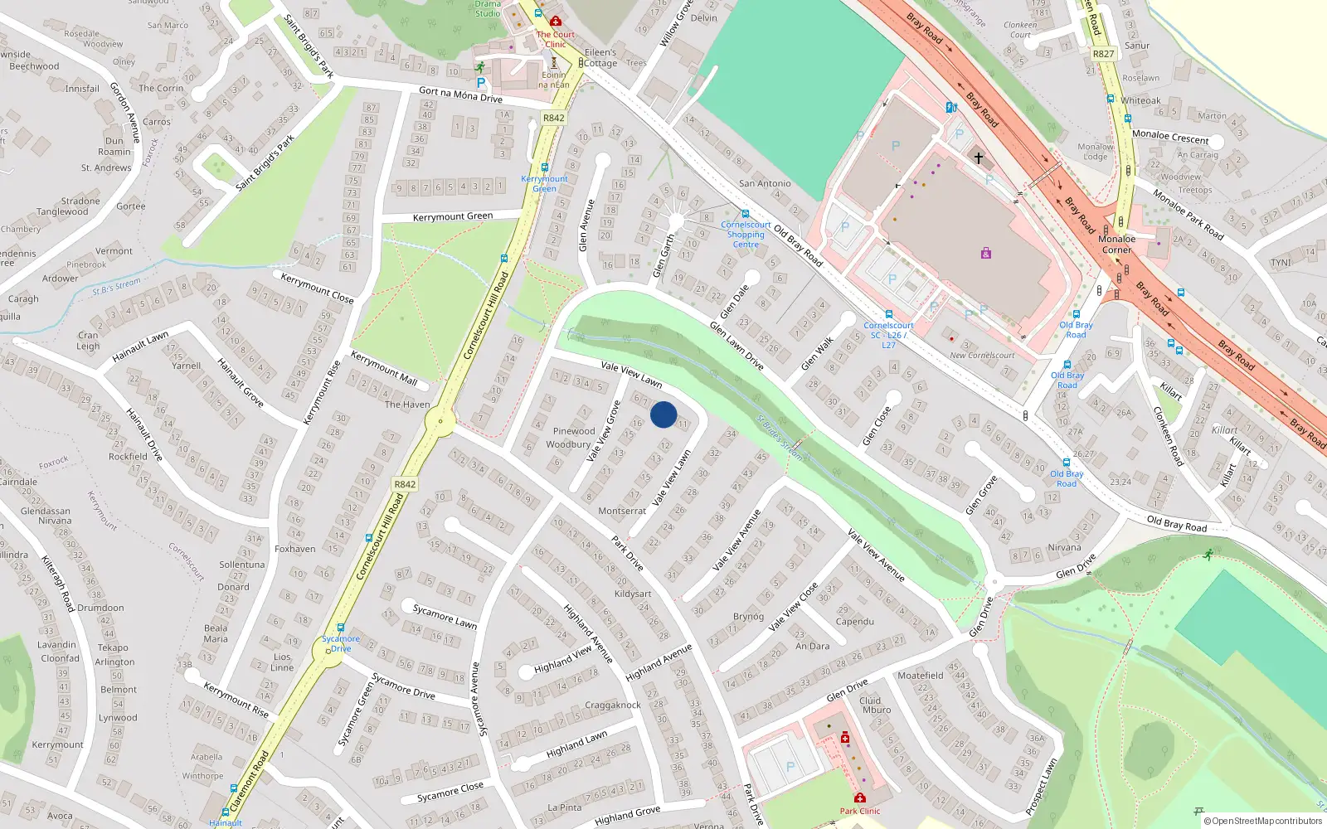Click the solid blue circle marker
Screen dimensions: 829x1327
tap(663, 414)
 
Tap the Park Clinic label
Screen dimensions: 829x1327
tap(859, 811)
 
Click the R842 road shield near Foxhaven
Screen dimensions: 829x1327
tap(405, 484)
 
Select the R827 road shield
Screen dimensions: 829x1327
tap(1103, 54)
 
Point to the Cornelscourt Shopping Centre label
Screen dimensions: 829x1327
tap(746, 235)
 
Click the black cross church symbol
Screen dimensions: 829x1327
tap(978, 158)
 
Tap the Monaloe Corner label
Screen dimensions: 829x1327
tap(1116, 245)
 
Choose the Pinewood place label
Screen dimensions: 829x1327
tap(574, 431)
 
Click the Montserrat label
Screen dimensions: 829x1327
tap(622, 511)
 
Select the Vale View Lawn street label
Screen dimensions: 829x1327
tap(631, 374)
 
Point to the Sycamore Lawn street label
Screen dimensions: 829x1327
tap(445, 616)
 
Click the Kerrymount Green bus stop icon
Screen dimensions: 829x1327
tap(545, 168)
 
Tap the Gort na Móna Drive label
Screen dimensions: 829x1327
tap(460, 95)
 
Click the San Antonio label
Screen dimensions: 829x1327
tap(765, 183)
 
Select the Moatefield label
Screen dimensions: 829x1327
tap(920, 676)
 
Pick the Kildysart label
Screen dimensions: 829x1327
tap(633, 594)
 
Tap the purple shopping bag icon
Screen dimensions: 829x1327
tap(985, 253)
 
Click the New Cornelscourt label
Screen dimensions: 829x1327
tap(982, 356)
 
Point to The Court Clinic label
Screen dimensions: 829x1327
tap(555, 39)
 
